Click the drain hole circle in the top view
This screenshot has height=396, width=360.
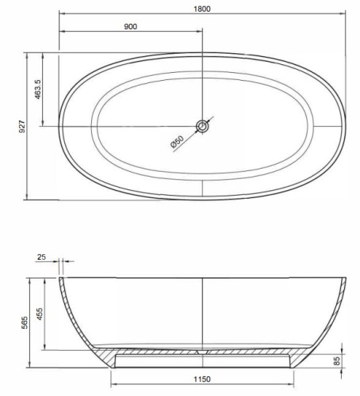202,125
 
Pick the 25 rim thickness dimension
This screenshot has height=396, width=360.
41,257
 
